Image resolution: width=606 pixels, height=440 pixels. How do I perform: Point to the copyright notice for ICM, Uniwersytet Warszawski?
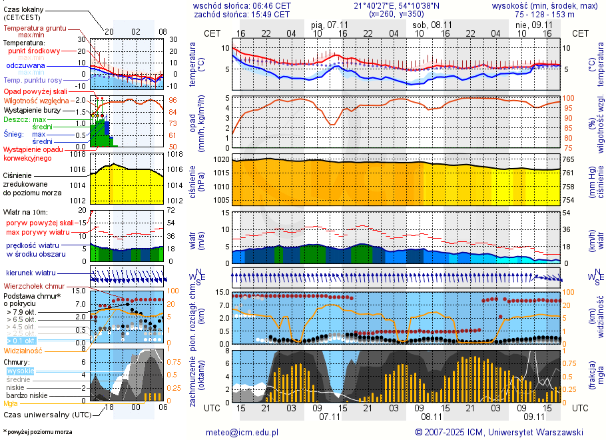click(499, 432)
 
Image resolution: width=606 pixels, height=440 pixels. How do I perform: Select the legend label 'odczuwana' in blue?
click(25, 66)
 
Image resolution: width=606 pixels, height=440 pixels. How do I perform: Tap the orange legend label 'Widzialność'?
click(23, 350)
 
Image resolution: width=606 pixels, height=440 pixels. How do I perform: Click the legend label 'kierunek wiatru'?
click(27, 273)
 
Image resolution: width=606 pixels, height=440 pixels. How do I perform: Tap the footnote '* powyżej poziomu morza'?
click(38, 432)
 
